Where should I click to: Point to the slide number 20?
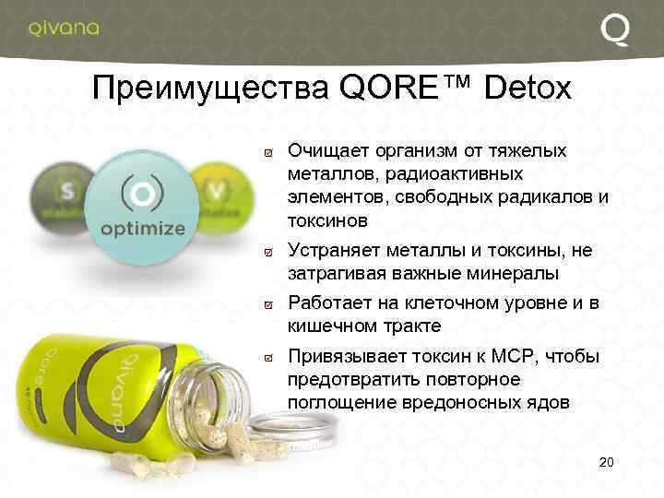pyautogui.click(x=606, y=461)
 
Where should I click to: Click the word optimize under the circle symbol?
pyautogui.click(x=142, y=228)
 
